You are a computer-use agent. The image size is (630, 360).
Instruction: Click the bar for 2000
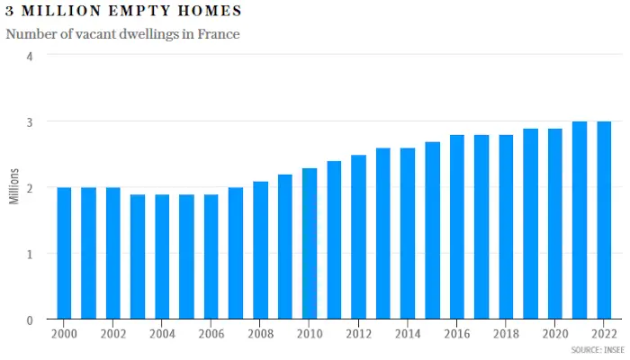point(64,253)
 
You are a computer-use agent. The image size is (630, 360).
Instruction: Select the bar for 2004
point(162,256)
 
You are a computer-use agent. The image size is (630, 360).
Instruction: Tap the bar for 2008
point(260,250)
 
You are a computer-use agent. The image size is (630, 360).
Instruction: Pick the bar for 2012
point(358,237)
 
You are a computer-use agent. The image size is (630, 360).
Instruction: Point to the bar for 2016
point(457,227)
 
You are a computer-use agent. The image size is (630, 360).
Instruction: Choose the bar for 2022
point(604,220)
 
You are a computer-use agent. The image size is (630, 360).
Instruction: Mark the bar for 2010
point(310,244)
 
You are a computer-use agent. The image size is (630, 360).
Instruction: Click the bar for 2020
point(555,224)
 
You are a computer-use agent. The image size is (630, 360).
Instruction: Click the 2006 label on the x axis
point(211,334)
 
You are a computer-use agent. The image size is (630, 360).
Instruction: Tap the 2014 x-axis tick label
point(408,334)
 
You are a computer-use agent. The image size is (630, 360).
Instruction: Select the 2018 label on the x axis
point(506,334)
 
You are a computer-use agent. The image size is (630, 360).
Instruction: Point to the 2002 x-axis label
point(112,334)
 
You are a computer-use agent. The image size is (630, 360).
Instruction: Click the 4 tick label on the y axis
point(30,56)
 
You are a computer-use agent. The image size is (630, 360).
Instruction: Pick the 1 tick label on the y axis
point(30,255)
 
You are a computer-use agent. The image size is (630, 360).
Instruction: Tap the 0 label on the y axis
point(30,320)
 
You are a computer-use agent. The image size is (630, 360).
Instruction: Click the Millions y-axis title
point(14,186)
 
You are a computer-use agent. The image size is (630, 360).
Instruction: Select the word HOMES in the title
point(210,11)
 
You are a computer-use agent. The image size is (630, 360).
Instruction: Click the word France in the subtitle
point(219,34)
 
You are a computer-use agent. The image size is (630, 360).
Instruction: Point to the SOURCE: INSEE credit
point(598,350)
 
